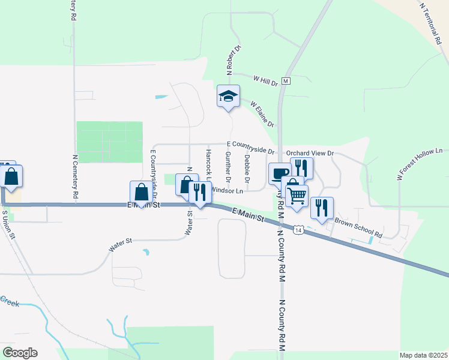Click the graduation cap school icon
tap(228, 96)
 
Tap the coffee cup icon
tap(279, 173)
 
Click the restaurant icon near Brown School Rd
tap(322, 208)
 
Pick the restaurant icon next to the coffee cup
tap(301, 168)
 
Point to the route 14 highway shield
tap(298, 229)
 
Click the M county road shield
tap(286, 80)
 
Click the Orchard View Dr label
tap(310, 153)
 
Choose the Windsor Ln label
tap(228, 191)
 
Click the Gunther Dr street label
tap(228, 167)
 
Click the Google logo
tap(20, 353)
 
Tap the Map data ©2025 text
tap(423, 355)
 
